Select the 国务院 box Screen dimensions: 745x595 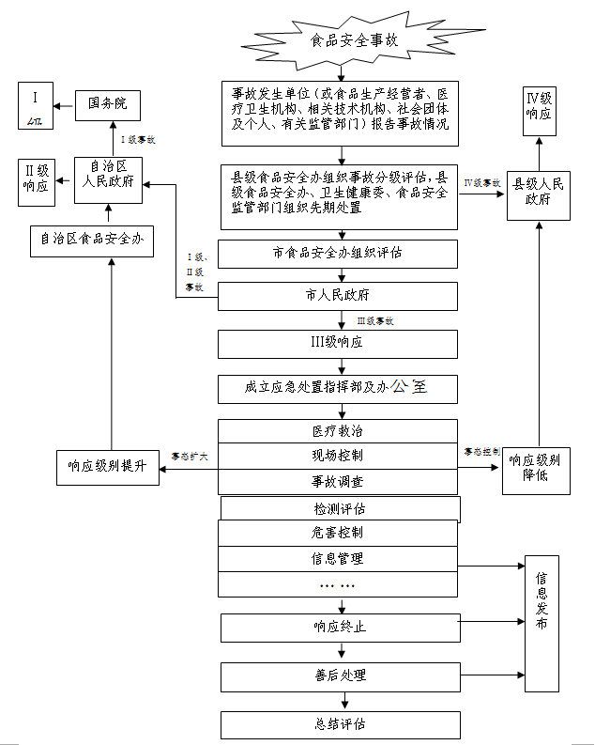pyautogui.click(x=107, y=102)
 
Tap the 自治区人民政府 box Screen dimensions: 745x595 pyautogui.click(x=112, y=176)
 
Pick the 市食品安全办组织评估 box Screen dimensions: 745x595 pyautogui.click(x=338, y=254)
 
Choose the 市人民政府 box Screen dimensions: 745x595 pyautogui.click(x=338, y=297)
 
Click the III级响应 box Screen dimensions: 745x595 pyautogui.click(x=338, y=343)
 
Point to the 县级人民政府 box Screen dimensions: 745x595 pyautogui.click(x=539, y=192)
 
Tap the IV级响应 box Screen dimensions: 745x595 pyautogui.click(x=539, y=106)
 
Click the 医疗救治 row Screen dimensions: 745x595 pyautogui.click(x=338, y=431)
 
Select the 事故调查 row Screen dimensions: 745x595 pyautogui.click(x=338, y=481)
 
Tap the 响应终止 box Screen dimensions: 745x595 pyautogui.click(x=341, y=628)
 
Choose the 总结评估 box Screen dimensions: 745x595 pyautogui.click(x=341, y=724)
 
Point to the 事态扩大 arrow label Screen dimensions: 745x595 pyautogui.click(x=189, y=457)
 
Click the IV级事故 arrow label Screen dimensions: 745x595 pyautogui.click(x=482, y=182)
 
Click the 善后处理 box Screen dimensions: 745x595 pyautogui.click(x=341, y=675)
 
